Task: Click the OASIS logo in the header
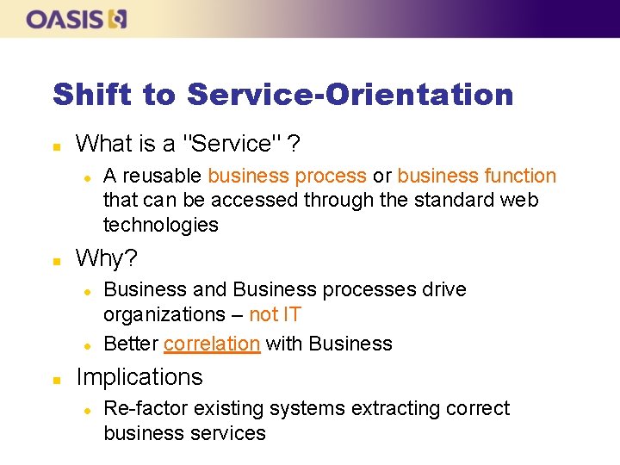coord(77,19)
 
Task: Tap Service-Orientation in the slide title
coord(350,94)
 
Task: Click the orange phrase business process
coord(287,177)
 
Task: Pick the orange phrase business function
coord(476,177)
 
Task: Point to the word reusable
coord(162,177)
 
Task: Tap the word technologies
coord(161,225)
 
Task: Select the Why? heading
coord(107,258)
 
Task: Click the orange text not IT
coord(275,314)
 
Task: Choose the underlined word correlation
coord(212,344)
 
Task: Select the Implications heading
coord(139,377)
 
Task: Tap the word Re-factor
coord(144,408)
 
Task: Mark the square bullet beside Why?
coord(57,259)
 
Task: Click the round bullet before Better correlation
coord(87,344)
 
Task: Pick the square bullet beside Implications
coord(57,378)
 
